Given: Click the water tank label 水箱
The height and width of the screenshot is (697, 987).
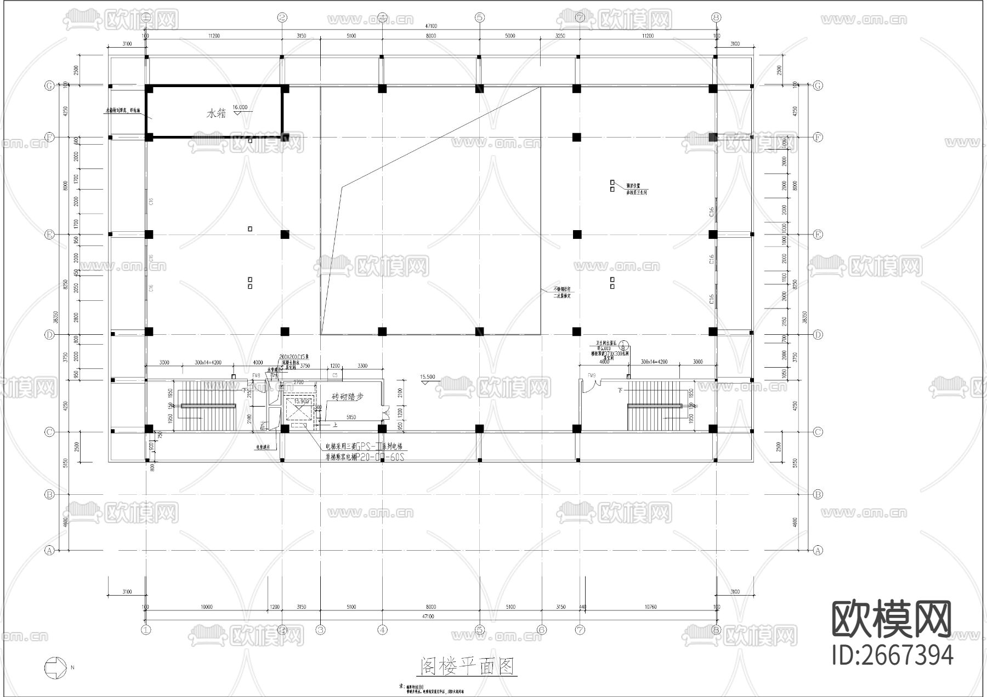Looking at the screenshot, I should click(x=216, y=114).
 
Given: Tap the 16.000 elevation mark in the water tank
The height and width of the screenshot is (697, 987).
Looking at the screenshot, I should click(x=240, y=108).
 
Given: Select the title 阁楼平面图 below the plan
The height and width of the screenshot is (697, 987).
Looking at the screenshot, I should click(x=468, y=667).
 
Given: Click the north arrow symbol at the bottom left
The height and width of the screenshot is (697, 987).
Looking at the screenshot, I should click(x=54, y=667).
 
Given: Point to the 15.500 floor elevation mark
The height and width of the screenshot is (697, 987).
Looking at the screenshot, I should click(x=427, y=377).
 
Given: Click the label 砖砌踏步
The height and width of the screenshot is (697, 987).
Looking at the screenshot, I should click(x=348, y=397).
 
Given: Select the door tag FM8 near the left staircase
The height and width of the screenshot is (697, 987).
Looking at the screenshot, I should click(x=256, y=375).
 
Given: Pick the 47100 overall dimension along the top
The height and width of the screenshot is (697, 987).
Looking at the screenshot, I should click(x=432, y=26).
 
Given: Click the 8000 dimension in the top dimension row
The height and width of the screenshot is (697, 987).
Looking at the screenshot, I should click(x=431, y=36).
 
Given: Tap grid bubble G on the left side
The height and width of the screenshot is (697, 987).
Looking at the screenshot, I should click(x=49, y=85).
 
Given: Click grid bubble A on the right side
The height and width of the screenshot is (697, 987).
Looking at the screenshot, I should click(x=818, y=550).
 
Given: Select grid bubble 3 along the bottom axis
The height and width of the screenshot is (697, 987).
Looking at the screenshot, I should click(x=321, y=630).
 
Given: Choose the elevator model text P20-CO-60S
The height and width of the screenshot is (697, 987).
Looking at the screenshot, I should click(x=380, y=456).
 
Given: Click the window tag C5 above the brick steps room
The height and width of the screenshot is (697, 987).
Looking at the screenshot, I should click(x=334, y=375).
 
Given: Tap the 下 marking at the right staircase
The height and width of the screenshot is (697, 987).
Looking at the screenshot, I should click(x=620, y=390).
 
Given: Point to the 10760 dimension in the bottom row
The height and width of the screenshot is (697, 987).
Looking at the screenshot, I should click(x=649, y=607).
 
